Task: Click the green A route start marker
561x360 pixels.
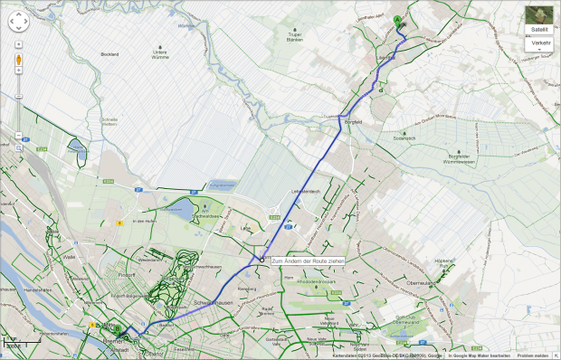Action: pos(397,21)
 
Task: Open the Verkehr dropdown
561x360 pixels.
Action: pos(541,44)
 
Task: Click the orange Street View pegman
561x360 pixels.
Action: pos(18,61)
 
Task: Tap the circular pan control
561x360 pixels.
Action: pos(18,24)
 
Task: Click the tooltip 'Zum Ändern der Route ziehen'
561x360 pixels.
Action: pos(308,261)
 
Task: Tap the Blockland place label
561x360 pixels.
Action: pos(110,54)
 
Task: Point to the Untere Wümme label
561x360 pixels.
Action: pos(160,55)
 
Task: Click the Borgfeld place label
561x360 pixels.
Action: pos(353,120)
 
